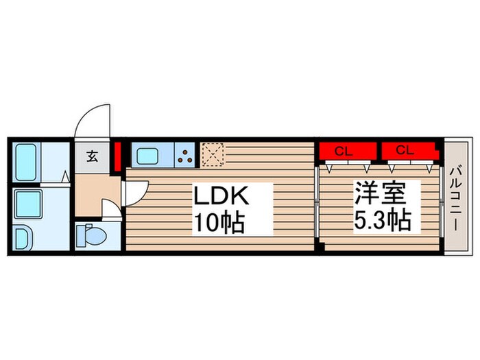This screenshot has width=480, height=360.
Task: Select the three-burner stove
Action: [185, 156]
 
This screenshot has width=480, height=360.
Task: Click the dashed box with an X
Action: [213, 155]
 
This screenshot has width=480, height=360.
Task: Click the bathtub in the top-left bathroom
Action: [26, 162]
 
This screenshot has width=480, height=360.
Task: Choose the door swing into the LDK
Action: [135, 190]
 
